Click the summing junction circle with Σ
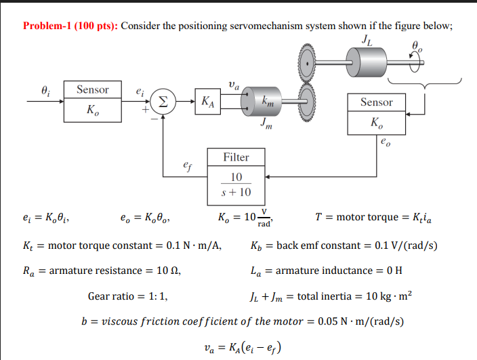click(x=163, y=102)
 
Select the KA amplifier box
click(x=209, y=102)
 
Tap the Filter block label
click(x=236, y=158)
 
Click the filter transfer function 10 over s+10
click(x=236, y=184)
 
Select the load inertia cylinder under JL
click(x=368, y=65)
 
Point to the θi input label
click(x=45, y=89)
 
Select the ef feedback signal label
click(x=187, y=164)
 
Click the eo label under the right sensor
click(x=386, y=142)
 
